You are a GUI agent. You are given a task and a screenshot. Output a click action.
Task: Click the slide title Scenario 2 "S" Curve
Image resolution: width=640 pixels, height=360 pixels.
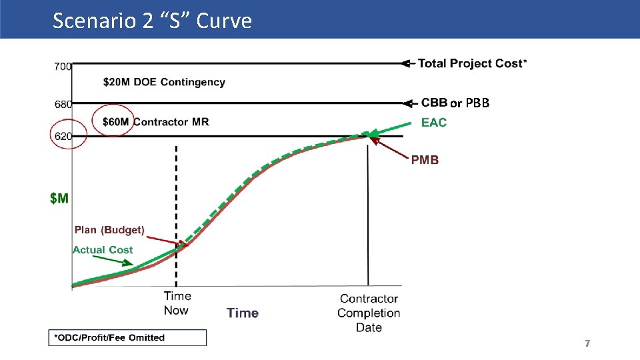152,21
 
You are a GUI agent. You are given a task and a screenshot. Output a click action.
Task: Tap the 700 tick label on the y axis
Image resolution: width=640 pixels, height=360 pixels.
63,66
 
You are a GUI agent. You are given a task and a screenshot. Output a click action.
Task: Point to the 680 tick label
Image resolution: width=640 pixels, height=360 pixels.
63,104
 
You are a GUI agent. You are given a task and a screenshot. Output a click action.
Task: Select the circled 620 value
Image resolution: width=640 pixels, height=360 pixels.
63,136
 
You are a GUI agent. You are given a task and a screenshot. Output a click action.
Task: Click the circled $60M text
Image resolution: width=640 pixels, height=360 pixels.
117,121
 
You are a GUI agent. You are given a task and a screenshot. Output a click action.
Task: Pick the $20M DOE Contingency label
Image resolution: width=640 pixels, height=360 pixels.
164,82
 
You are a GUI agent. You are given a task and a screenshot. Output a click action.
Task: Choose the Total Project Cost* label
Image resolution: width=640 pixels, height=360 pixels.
472,63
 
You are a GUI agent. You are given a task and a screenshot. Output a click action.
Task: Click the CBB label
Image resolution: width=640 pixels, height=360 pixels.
434,103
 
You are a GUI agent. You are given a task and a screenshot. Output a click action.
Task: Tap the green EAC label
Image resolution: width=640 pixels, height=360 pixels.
434,123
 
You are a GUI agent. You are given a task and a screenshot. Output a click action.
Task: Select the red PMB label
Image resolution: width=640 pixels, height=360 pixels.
425,160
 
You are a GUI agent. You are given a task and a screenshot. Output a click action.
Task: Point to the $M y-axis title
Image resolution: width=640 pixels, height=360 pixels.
59,198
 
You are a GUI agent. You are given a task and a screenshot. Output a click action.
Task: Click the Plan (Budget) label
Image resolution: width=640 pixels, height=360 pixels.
109,230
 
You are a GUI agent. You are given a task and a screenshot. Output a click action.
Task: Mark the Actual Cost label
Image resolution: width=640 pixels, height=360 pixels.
103,250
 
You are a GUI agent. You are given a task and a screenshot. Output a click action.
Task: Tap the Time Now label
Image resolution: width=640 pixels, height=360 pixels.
177,303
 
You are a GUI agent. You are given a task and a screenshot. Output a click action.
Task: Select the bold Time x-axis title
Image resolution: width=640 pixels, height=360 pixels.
243,313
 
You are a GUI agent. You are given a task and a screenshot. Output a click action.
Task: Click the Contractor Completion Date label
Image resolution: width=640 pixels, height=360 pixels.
369,313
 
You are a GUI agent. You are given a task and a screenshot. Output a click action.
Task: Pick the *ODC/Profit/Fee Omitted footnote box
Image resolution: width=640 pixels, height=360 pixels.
127,337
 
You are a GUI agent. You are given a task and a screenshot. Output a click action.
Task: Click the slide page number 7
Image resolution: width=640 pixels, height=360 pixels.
587,343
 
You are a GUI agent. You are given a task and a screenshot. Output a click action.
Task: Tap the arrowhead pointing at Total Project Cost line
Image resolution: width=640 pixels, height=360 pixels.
406,63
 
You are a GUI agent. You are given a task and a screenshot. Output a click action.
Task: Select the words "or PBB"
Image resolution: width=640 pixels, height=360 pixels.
470,103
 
